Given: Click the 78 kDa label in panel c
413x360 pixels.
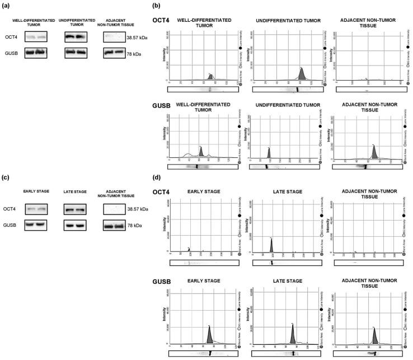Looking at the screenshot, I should coord(138,226).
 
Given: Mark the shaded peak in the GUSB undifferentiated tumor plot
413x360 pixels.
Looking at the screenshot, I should coord(269,152).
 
